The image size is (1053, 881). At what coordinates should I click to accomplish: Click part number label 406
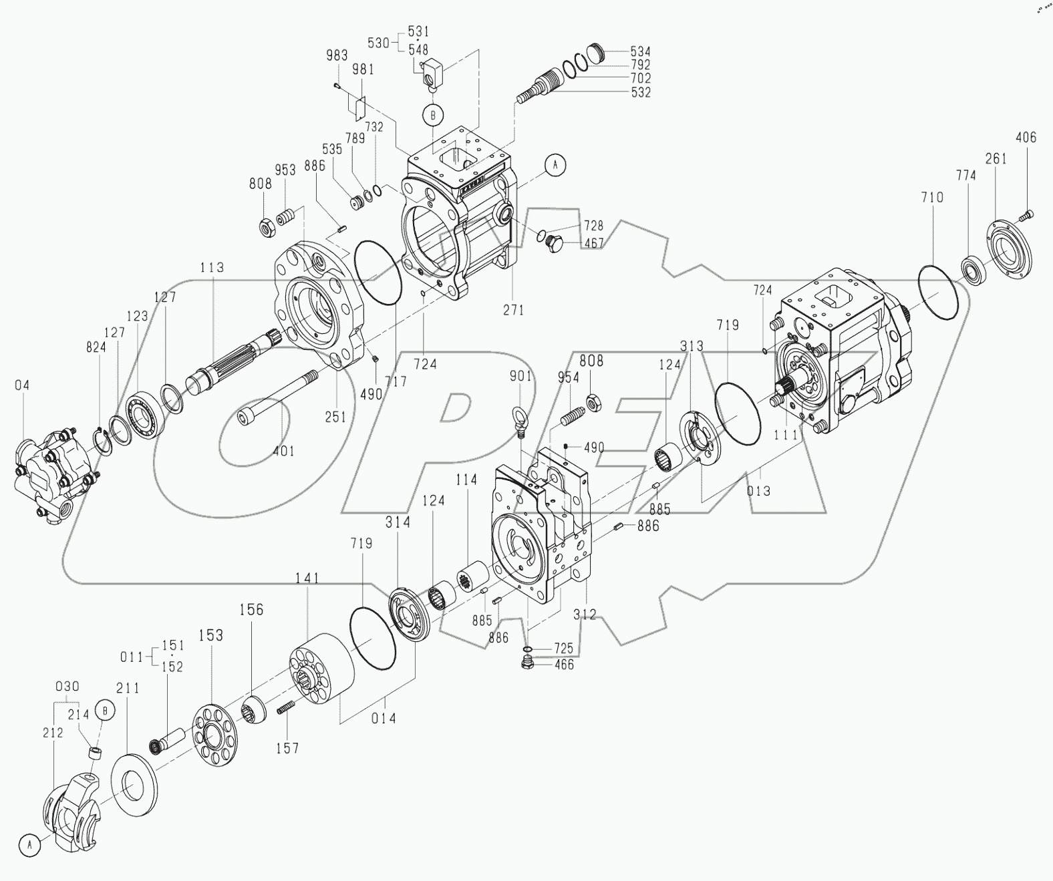[x=1026, y=138]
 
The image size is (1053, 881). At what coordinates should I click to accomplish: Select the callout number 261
[x=996, y=158]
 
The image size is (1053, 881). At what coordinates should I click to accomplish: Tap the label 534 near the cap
[x=640, y=51]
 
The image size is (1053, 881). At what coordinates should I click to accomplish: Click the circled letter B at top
[x=433, y=115]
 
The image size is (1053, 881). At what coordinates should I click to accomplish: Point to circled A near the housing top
[x=555, y=164]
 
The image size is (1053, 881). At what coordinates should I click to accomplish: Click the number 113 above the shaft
[x=212, y=268]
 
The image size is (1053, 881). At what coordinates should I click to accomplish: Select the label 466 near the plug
[x=564, y=665]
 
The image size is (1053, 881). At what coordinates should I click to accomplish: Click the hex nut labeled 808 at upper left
[x=269, y=228]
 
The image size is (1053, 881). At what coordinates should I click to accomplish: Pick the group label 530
[x=378, y=43]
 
